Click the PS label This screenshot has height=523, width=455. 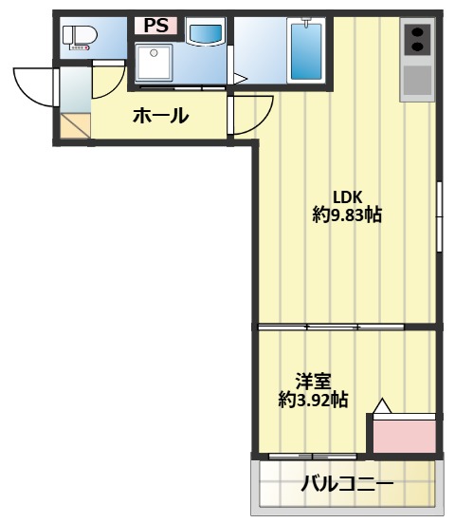pyautogui.click(x=155, y=26)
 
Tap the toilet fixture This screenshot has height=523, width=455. pyautogui.click(x=80, y=38)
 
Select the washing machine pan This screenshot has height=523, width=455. pyautogui.click(x=154, y=62)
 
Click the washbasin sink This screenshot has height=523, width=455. pyautogui.click(x=205, y=32)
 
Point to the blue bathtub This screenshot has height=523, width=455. pyautogui.click(x=306, y=50)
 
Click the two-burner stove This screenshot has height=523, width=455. pyautogui.click(x=417, y=39)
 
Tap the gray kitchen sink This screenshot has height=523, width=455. pyautogui.click(x=417, y=80)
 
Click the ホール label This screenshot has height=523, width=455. pyautogui.click(x=161, y=116)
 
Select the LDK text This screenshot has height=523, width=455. pyautogui.click(x=348, y=197)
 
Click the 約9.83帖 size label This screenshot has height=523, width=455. pyautogui.click(x=347, y=215)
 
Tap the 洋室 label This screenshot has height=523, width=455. pyautogui.click(x=314, y=382)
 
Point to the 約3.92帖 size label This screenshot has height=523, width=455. pyautogui.click(x=313, y=400)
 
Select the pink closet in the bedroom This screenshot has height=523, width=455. pyautogui.click(x=404, y=437)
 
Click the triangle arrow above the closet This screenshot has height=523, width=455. pyautogui.click(x=382, y=406)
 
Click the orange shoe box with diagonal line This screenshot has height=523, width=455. pyautogui.click(x=75, y=125)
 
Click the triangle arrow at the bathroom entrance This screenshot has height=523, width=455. pyautogui.click(x=241, y=79)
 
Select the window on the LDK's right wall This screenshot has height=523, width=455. pyautogui.click(x=439, y=216)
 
